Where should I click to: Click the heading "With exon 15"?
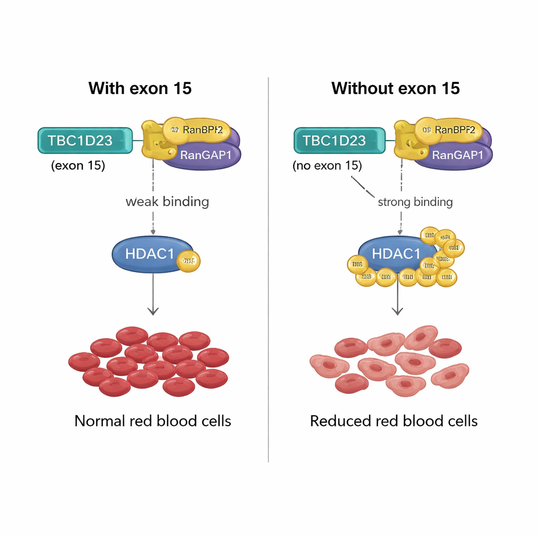point(140,88)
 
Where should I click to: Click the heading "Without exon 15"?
point(395,88)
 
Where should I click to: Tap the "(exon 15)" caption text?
point(78,166)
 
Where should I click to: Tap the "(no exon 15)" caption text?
point(327,166)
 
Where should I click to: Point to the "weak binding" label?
point(167,201)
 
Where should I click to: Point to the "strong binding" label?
point(415,202)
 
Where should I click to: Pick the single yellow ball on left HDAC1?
point(189,261)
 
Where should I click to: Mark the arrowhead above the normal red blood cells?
point(153,312)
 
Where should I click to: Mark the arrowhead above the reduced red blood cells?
point(398,312)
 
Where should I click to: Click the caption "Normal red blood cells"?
point(153,421)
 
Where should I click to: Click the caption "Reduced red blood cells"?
point(394,421)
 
